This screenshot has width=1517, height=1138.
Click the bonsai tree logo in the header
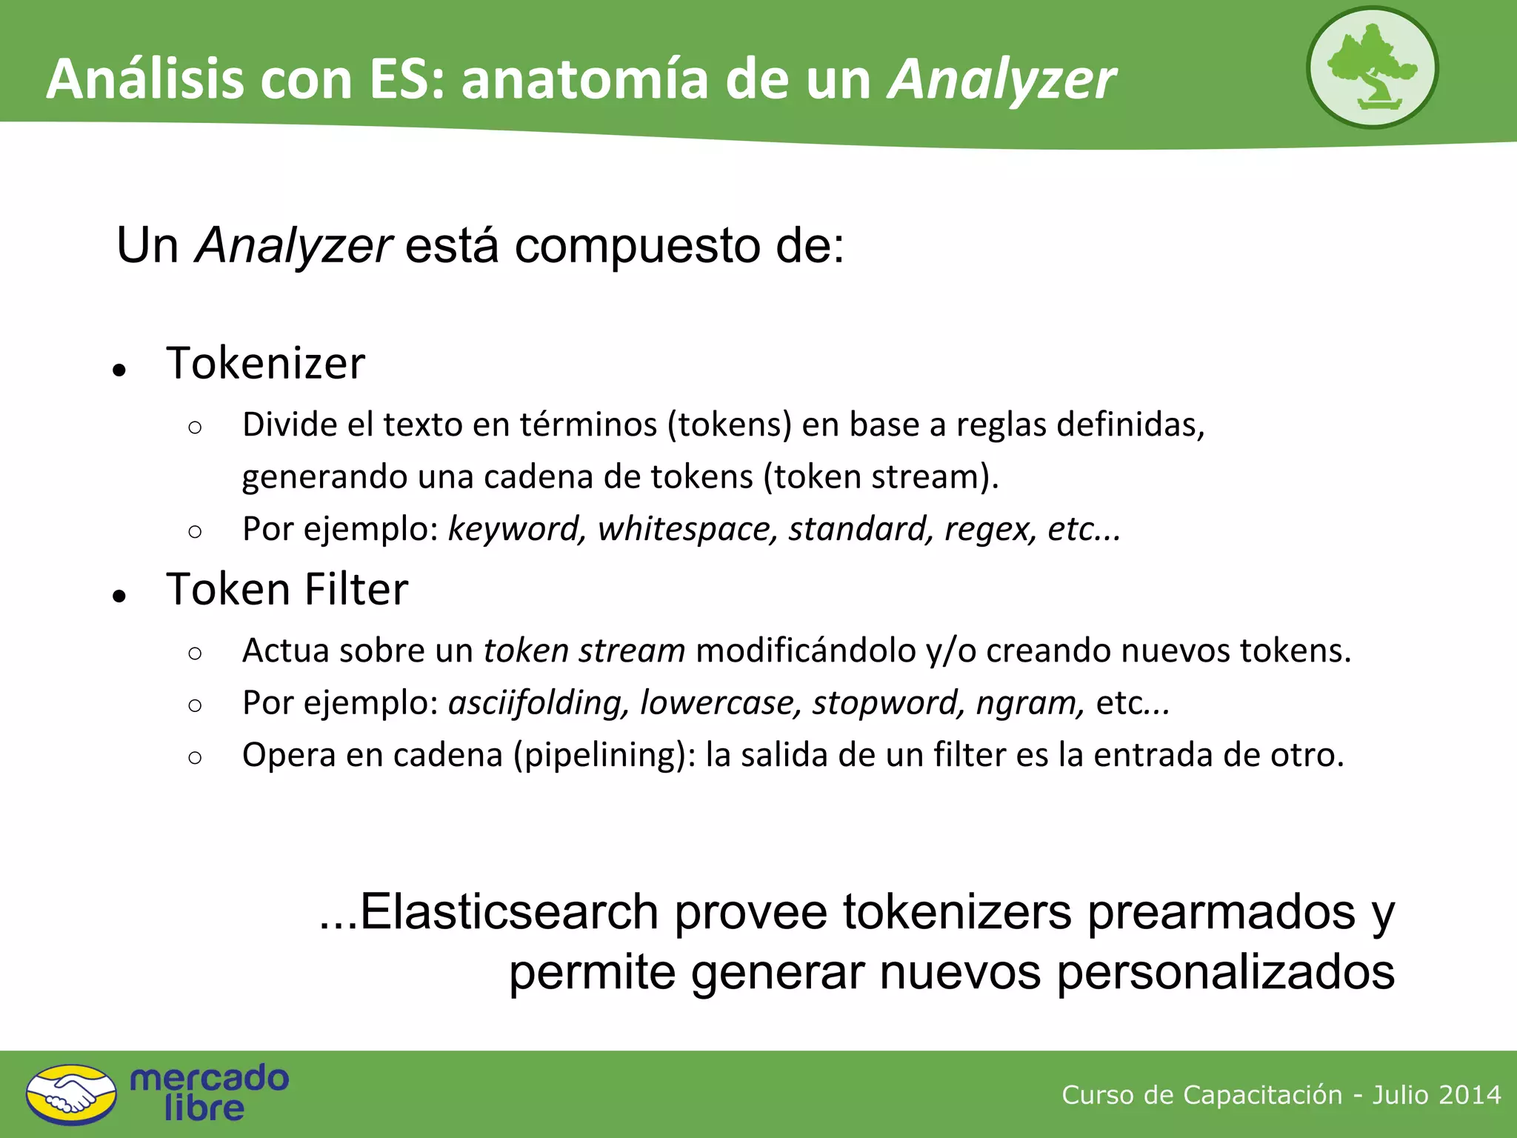point(1372,68)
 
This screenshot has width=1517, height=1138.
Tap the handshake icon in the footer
point(71,1095)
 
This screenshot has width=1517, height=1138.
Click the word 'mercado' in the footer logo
point(209,1078)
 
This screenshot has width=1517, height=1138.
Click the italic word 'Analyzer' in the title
point(1001,79)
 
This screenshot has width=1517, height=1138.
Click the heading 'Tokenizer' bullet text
point(265,363)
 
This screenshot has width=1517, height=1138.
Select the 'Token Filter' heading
point(287,590)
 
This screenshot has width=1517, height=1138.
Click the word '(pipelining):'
point(604,755)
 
